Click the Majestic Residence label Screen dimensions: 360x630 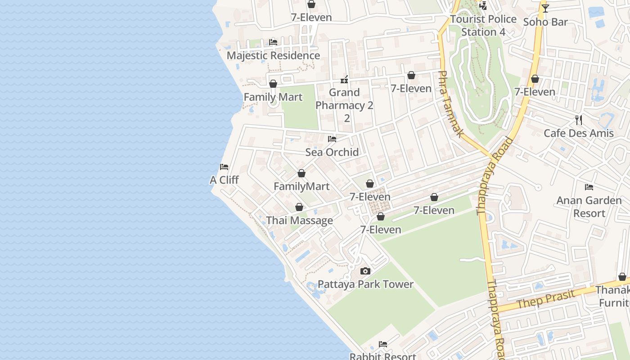click(273, 55)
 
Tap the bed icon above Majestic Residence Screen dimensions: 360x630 click(273, 42)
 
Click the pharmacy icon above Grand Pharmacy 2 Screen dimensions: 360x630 click(344, 80)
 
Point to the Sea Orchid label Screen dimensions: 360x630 click(332, 152)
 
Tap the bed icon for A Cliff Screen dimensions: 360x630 click(224, 167)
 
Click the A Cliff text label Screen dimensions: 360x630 click(224, 180)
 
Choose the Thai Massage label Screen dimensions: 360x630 click(299, 220)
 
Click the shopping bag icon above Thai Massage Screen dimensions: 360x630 click(299, 207)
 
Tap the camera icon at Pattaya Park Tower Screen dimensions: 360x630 click(365, 271)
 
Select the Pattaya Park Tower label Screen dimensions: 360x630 click(365, 284)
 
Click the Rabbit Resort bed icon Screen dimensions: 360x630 click(383, 344)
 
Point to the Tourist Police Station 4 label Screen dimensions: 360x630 click(483, 26)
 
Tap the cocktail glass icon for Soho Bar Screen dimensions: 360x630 click(545, 8)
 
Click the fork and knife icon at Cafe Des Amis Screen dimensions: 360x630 click(579, 120)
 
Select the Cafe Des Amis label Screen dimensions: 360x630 click(579, 133)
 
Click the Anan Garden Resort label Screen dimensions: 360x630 click(589, 207)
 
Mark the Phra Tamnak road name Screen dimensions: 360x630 click(450, 104)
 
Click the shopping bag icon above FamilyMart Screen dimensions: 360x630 click(301, 173)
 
